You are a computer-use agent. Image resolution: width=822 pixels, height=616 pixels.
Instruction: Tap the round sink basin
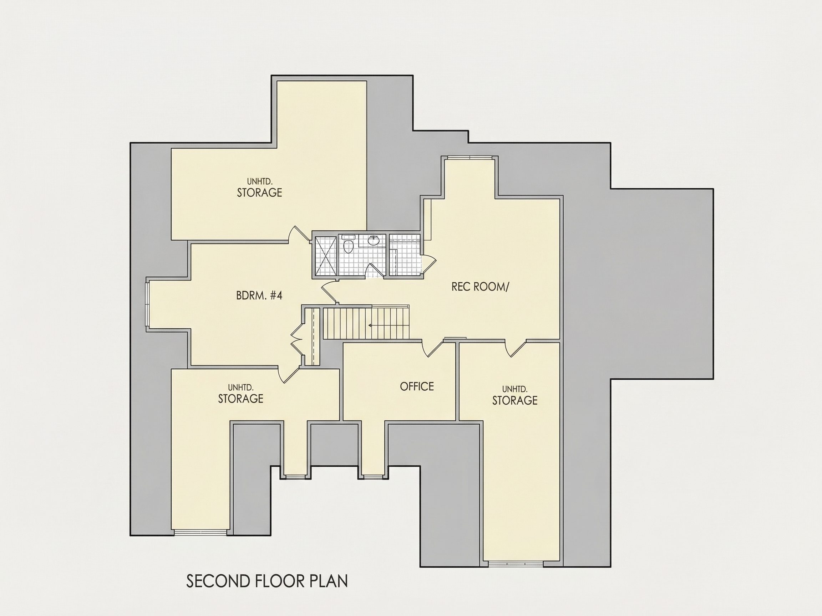coord(374,241)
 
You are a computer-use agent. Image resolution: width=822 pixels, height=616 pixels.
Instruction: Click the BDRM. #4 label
coord(259,296)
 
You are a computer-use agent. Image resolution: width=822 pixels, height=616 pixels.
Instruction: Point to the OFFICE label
coord(417,386)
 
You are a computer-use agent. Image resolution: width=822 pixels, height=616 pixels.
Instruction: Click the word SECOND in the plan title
coord(218,581)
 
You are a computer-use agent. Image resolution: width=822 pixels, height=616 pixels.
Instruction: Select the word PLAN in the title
coord(329,581)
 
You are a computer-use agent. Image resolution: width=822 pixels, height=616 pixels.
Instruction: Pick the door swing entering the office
coord(433,349)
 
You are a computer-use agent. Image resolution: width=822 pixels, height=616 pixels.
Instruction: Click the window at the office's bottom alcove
coord(373,476)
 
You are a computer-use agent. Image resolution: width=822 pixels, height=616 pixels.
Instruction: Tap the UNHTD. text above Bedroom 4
coord(260,181)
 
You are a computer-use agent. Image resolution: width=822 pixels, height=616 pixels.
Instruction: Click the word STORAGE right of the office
coord(515,400)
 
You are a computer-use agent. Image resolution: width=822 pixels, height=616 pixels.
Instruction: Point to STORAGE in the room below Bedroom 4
coord(240,399)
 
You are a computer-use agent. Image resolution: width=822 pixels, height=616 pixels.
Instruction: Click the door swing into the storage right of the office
coord(516,349)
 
